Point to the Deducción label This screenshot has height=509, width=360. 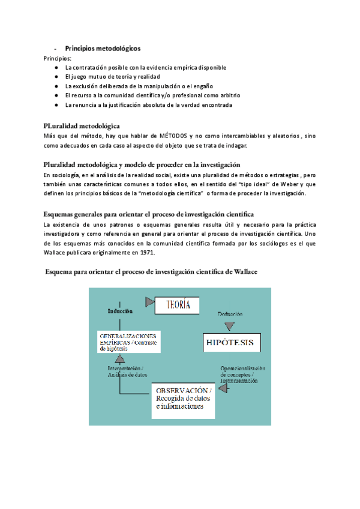230,313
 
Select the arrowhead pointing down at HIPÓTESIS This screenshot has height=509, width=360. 227,326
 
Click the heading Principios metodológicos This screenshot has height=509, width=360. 103,49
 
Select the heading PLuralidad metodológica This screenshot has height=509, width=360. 82,126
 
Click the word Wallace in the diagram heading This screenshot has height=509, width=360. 240,272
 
